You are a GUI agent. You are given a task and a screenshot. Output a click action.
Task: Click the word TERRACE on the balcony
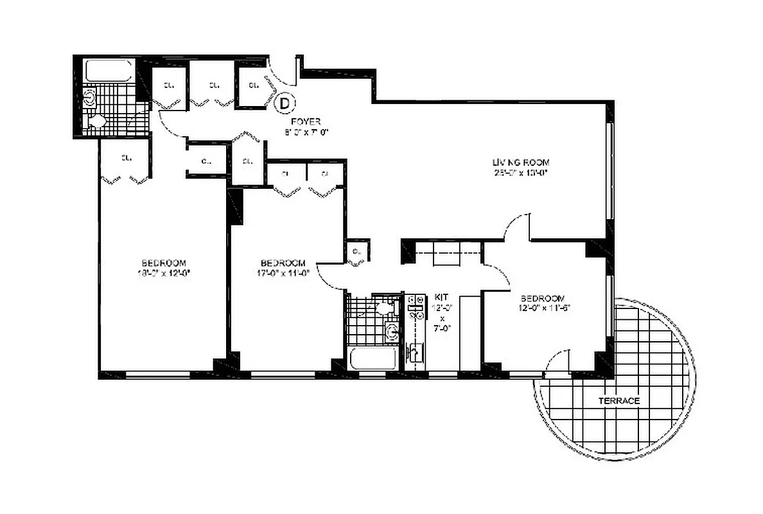[x=618, y=401]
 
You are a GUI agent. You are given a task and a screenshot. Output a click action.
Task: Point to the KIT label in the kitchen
[x=441, y=297]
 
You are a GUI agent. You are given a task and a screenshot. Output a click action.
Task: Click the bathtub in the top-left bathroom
[x=109, y=71]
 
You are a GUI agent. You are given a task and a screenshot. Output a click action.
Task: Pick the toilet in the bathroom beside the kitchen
[x=385, y=308]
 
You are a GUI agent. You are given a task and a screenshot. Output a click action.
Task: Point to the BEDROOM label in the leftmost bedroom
[x=164, y=263]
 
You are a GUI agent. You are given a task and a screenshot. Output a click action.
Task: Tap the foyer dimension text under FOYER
[x=307, y=132]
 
